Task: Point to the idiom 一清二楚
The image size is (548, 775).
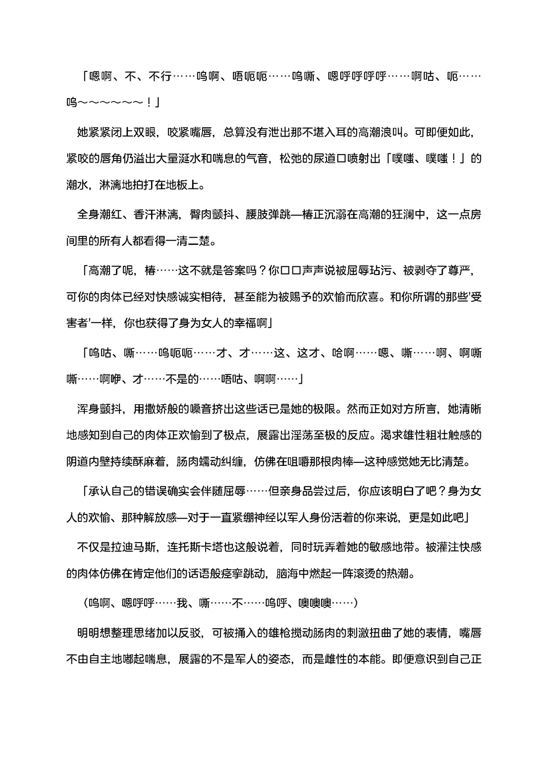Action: coord(189,241)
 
